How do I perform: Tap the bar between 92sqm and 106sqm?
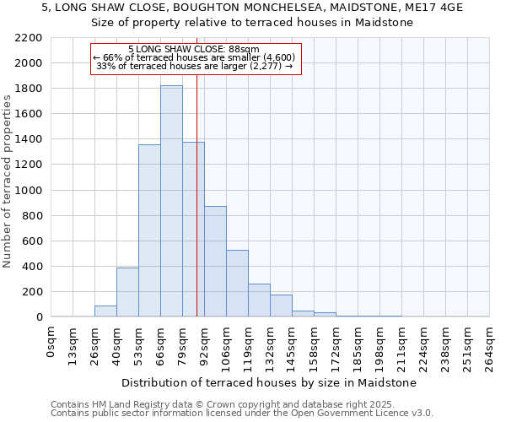tap(215, 262)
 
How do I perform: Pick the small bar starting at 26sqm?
tap(105, 311)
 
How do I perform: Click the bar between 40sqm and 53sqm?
tap(127, 292)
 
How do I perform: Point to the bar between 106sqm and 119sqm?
tap(237, 284)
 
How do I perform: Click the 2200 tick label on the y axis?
tap(29, 38)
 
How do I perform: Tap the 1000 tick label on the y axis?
tap(29, 191)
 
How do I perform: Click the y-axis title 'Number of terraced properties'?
tap(8, 181)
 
